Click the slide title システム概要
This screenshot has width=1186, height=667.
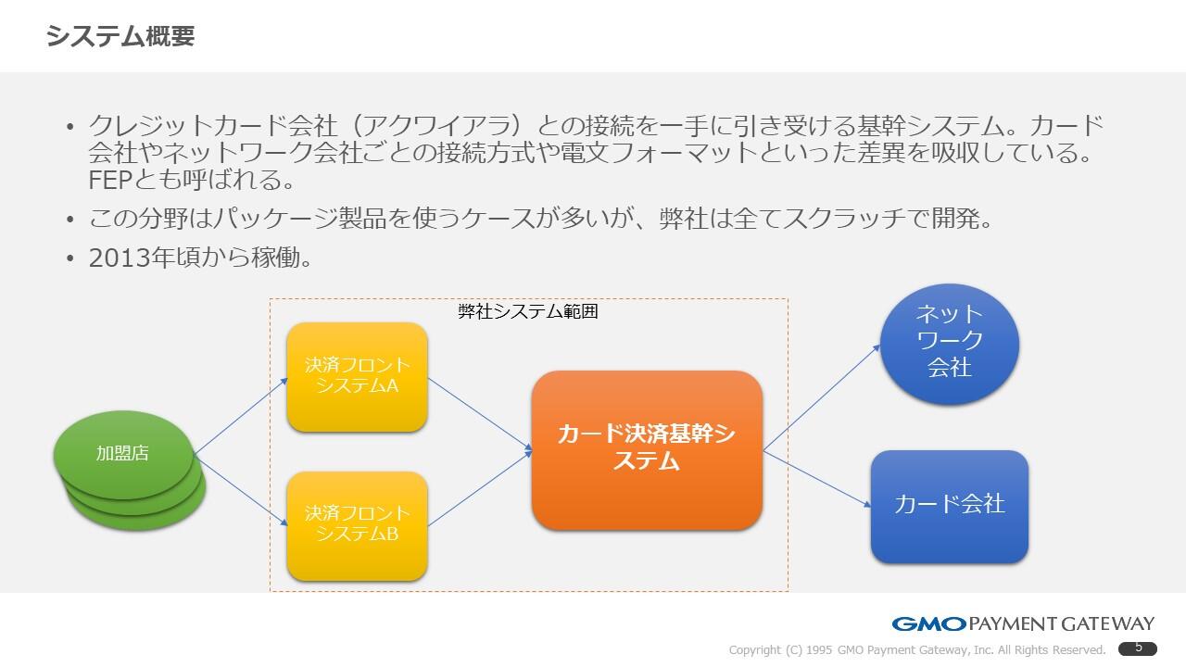(120, 36)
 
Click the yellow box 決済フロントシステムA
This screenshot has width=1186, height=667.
(357, 376)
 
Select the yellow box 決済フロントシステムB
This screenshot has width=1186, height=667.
(357, 524)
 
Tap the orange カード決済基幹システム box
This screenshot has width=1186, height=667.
(647, 448)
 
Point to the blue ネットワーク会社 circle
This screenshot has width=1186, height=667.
(949, 342)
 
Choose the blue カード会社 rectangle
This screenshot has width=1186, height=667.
(949, 505)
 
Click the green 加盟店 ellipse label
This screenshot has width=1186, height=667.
(122, 453)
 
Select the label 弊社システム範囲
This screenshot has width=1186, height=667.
(528, 311)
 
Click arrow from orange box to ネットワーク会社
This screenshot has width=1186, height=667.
(821, 397)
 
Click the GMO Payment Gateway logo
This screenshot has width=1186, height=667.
(1023, 623)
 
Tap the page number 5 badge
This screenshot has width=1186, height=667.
(1138, 648)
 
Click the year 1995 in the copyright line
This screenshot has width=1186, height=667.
(819, 650)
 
